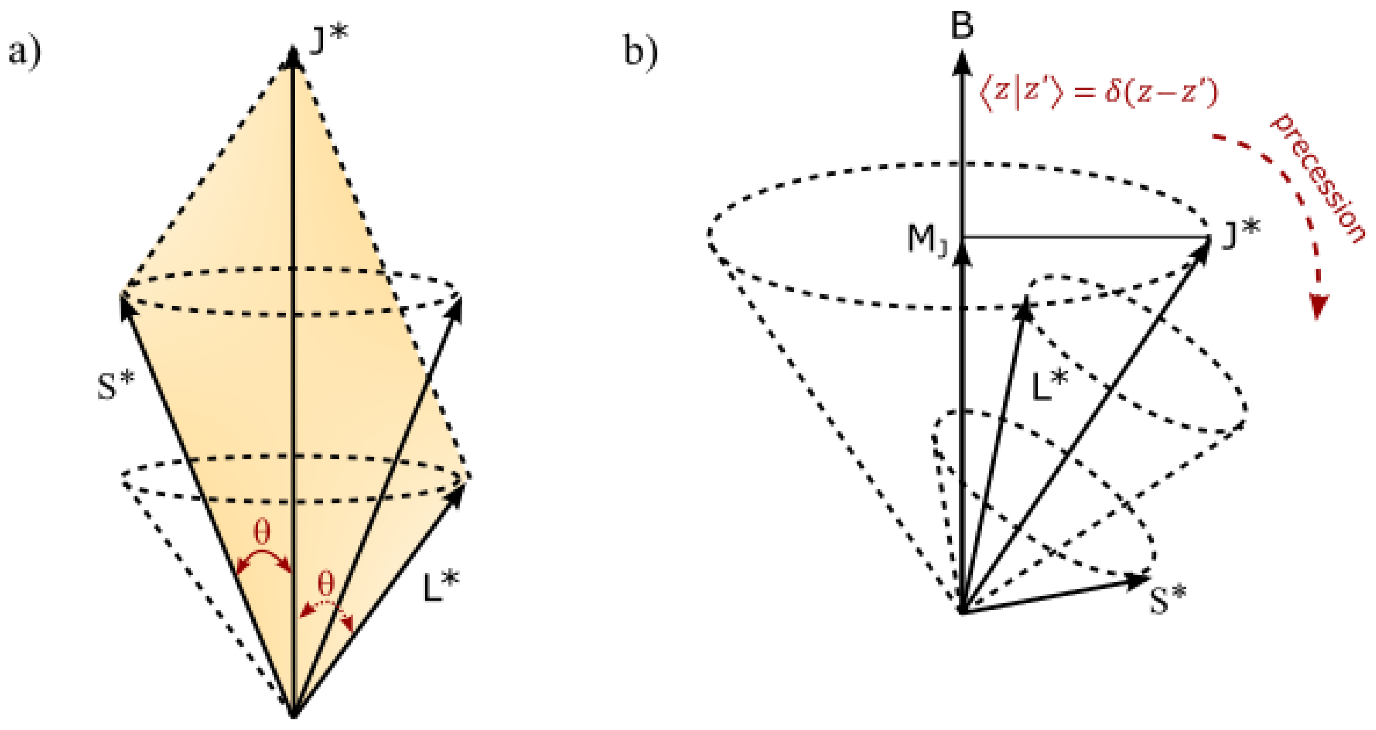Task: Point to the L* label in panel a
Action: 441,586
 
